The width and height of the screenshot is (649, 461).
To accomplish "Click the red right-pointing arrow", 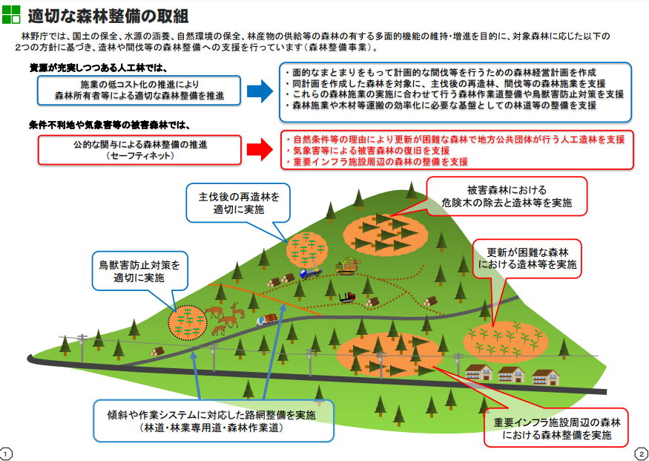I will pos(260,149).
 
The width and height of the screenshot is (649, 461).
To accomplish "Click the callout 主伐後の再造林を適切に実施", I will pos(239,203).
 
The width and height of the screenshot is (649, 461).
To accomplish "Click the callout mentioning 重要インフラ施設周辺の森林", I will pos(556,428).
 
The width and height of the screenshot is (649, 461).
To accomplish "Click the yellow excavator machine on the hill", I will pos(345,265).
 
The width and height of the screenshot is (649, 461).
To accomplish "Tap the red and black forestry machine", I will pos(346,298).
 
